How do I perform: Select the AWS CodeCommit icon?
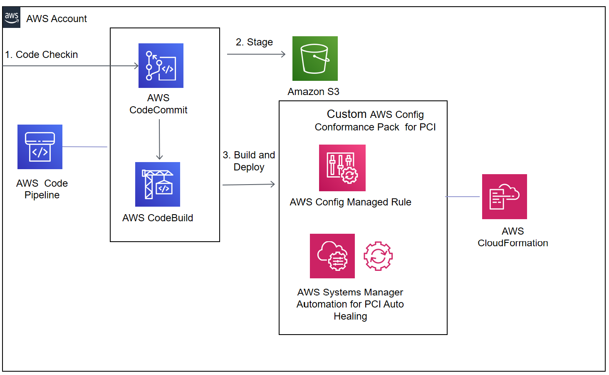click(161, 65)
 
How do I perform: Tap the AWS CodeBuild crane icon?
click(157, 184)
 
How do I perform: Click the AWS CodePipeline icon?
click(40, 147)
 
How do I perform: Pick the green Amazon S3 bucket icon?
click(315, 58)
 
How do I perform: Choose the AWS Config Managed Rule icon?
click(342, 167)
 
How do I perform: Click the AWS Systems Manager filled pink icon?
click(332, 256)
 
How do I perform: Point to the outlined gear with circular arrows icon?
click(378, 256)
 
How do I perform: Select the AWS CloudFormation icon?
click(504, 196)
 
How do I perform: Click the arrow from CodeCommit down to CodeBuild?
click(159, 140)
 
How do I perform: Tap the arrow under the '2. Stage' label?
click(256, 54)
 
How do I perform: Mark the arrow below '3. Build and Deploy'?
click(248, 184)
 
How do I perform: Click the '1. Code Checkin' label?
click(42, 55)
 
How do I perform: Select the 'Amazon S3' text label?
click(313, 92)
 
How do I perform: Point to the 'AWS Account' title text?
click(57, 19)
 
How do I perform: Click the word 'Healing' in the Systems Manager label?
click(350, 316)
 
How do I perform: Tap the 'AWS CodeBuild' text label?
click(158, 218)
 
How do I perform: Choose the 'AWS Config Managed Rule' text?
click(350, 202)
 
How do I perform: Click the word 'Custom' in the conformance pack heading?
click(347, 114)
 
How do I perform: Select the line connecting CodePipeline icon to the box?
click(85, 147)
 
